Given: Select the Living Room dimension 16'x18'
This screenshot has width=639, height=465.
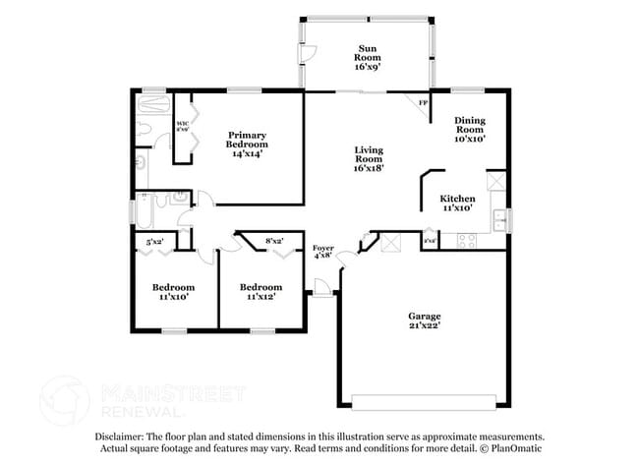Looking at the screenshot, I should (369, 167).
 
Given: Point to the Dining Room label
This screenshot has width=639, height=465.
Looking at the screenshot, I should (469, 127).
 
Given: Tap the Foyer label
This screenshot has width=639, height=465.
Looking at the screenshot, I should (323, 248).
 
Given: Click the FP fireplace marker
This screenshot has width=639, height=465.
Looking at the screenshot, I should (424, 102).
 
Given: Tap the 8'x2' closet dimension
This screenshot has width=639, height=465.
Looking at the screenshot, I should (274, 240).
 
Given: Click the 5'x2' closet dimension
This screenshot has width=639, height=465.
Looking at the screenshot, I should (155, 240).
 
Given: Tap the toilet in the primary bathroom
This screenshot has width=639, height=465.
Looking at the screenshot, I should (142, 163).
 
